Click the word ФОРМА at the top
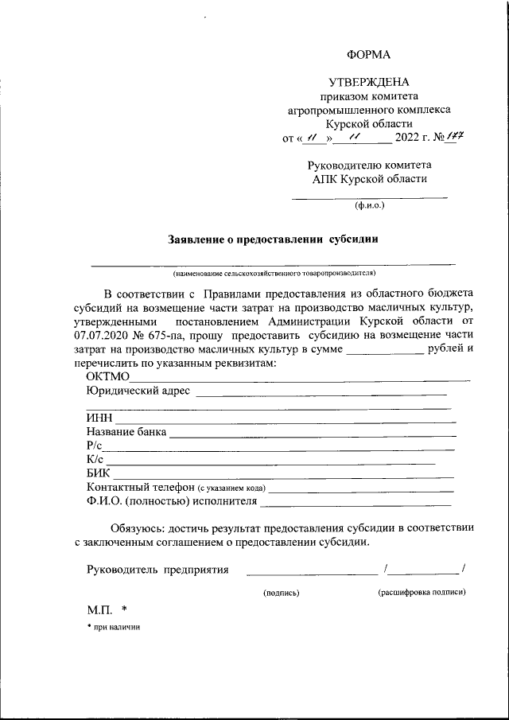pyautogui.click(x=369, y=54)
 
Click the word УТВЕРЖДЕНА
pyautogui.click(x=369, y=83)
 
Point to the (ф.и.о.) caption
pyautogui.click(x=369, y=205)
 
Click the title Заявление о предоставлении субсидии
pyautogui.click(x=273, y=238)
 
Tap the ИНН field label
pyautogui.click(x=99, y=418)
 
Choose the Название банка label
pyautogui.click(x=126, y=432)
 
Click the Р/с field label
pyautogui.click(x=95, y=446)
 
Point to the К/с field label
pyautogui.click(x=95, y=460)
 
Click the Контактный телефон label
pyautogui.click(x=140, y=488)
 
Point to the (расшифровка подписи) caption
pyautogui.click(x=422, y=592)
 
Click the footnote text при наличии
pyautogui.click(x=118, y=627)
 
